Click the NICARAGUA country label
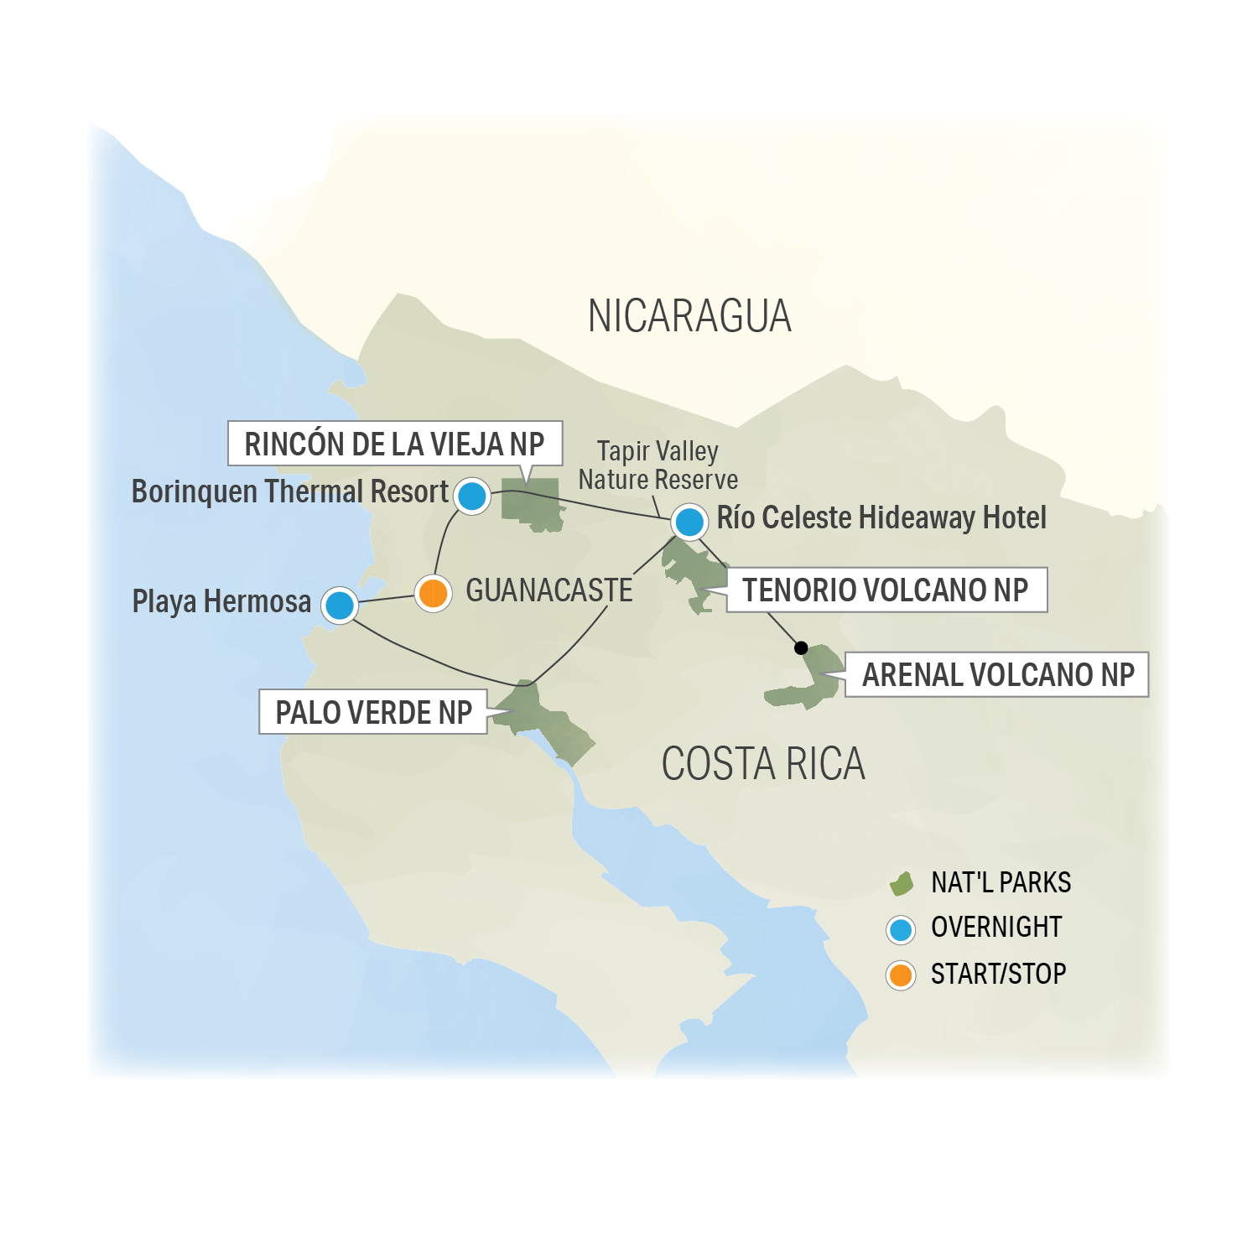pos(689,316)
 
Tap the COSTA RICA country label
pos(762,764)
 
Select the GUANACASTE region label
pos(548,590)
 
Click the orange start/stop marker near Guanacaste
pos(433,594)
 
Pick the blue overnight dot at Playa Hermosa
pos(340,605)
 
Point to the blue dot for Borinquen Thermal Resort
pos(472,496)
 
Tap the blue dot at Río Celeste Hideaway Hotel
pos(689,522)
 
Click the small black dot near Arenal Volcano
pos(801,647)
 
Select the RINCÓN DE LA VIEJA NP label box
pos(394,444)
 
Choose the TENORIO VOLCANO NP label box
pos(886,590)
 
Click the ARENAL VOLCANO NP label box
pos(997,675)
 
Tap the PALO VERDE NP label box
pos(373,712)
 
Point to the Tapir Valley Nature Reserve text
pos(658,465)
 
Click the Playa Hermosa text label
pos(221,601)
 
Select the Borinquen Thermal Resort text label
pos(290,492)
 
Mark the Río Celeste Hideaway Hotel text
pos(881,518)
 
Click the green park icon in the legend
pos(902,883)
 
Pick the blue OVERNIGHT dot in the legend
pos(901,929)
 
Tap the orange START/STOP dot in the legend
pos(901,975)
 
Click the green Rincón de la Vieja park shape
pos(532,503)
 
